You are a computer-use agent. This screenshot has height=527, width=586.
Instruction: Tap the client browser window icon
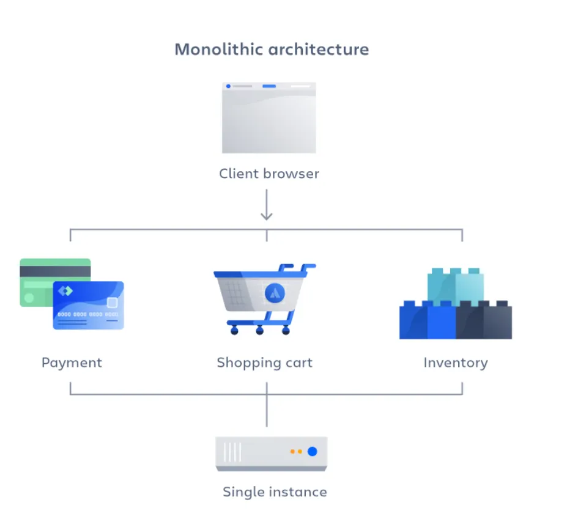point(269,118)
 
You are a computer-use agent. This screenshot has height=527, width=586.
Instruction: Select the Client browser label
point(269,174)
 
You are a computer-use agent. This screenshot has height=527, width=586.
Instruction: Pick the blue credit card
point(88,306)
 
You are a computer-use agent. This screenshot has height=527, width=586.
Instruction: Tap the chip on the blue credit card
point(112,302)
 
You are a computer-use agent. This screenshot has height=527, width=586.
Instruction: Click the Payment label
point(72,363)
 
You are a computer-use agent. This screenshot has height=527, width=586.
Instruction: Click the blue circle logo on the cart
point(275,293)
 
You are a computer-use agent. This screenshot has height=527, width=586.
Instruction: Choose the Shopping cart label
point(264,363)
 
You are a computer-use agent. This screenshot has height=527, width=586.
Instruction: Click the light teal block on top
point(456,286)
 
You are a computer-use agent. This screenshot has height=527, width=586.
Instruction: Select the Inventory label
point(455,363)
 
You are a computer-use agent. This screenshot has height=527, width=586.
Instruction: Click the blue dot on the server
point(312,451)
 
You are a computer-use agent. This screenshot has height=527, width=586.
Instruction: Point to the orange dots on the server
point(296,451)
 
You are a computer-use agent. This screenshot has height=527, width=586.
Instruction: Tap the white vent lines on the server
point(232,452)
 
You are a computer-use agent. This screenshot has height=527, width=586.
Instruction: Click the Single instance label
point(275,492)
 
